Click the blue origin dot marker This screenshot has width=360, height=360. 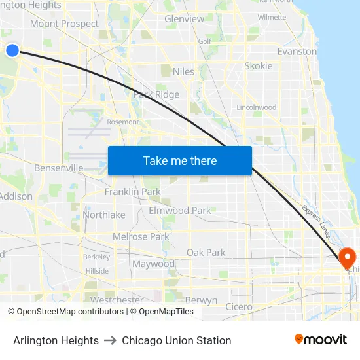coord(12,50)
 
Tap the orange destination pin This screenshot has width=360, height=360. coord(347,257)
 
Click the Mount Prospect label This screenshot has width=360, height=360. coord(64,24)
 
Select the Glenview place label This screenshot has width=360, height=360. coord(184,19)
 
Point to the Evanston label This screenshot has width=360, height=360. coord(297,51)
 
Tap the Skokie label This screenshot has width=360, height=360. coord(258,66)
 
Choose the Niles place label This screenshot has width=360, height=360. coord(184,71)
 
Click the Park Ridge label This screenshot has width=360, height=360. coord(156,94)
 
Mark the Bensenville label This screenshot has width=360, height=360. coord(59,168)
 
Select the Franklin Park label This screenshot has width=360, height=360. coord(132,192)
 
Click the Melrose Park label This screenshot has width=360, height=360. coord(141,236)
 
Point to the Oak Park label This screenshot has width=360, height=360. coord(206,252)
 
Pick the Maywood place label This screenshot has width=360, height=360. coord(153,264)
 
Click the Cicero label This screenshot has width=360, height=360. coord(238,306)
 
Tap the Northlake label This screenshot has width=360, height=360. coord(104,215)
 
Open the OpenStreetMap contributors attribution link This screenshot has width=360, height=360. coord(70,312)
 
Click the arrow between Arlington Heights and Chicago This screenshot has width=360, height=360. coord(110,340)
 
